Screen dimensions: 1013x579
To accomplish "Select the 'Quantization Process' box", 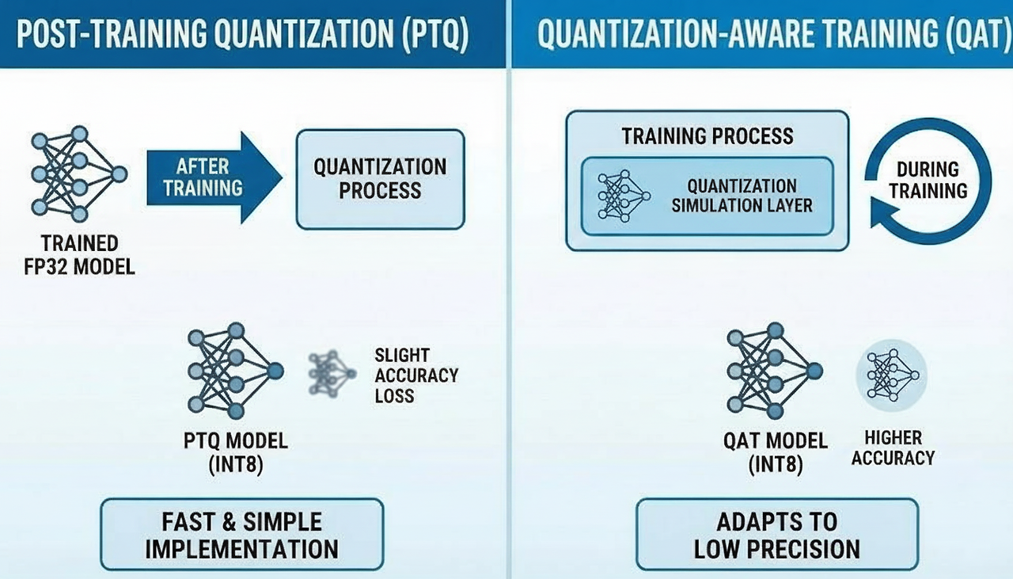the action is pos(381,179).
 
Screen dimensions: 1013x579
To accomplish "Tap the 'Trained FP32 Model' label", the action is pos(80,255).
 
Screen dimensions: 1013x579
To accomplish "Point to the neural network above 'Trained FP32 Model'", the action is pos(79,174).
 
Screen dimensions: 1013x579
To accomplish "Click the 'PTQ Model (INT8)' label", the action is pos(236,453).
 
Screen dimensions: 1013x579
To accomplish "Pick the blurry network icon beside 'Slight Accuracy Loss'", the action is pos(332,374).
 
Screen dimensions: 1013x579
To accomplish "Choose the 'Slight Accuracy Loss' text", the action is pos(416,375).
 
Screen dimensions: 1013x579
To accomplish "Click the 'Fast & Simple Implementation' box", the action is pos(242,535).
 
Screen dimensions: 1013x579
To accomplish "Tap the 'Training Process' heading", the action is pos(708,136).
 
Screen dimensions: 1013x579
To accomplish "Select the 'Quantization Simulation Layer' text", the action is pos(742,196).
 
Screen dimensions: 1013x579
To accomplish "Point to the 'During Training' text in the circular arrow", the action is pos(928,180).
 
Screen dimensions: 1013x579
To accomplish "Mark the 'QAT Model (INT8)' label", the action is pos(776,453).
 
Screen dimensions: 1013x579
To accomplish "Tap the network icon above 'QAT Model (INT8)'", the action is pos(775,371).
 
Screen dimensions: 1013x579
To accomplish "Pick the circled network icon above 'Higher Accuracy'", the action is pos(892,375).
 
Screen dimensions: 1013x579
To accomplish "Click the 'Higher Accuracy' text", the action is pos(893,448).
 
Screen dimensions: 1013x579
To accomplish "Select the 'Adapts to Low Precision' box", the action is pos(777,535).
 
